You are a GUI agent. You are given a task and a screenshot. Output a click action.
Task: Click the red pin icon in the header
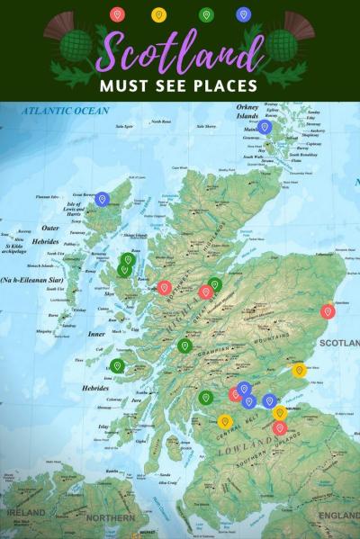point(115,14)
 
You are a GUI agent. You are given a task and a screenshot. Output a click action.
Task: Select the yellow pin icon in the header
point(159,14)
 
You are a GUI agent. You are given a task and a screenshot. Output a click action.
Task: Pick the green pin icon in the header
point(205,14)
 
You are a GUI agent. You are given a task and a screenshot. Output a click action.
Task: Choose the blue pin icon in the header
point(242,14)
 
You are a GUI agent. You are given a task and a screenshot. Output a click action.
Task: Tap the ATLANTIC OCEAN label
point(66,111)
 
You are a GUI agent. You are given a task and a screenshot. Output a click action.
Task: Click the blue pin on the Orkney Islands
point(264,127)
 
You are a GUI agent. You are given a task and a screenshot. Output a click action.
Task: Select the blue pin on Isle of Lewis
point(103,199)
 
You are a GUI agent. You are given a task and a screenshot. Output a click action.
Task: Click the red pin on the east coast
point(328,311)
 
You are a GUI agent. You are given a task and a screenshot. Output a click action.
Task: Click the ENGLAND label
point(339,516)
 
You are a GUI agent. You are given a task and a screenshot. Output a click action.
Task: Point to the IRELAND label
point(25,513)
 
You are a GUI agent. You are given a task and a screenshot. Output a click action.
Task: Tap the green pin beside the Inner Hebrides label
point(117,365)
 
